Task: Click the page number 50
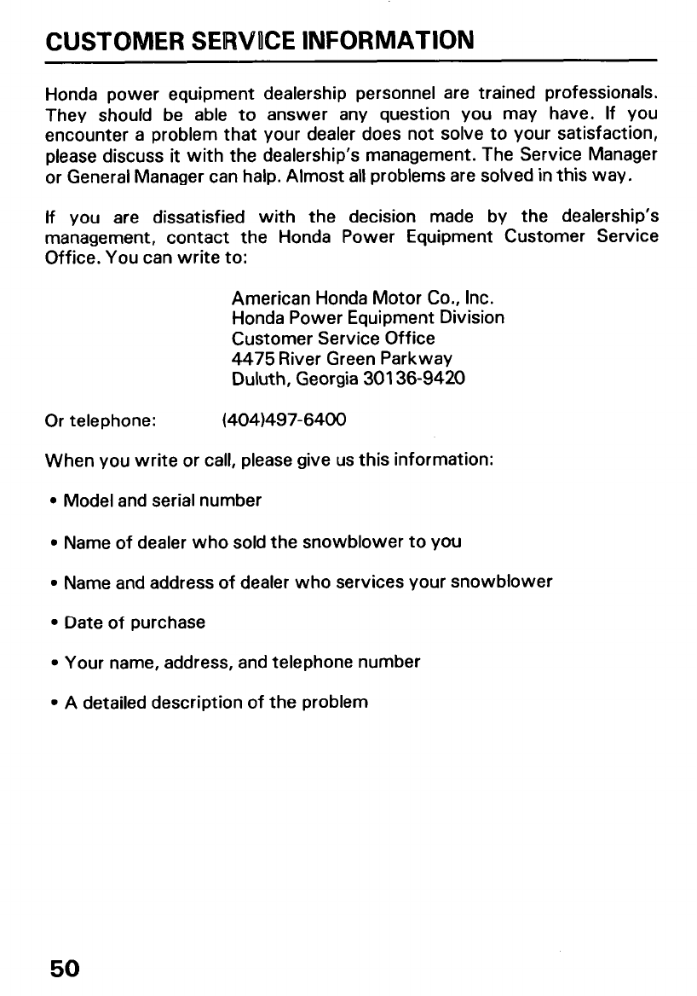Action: pyautogui.click(x=64, y=969)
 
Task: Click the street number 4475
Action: pyautogui.click(x=252, y=357)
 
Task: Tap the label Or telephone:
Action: pyautogui.click(x=99, y=420)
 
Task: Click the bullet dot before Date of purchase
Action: pyautogui.click(x=52, y=622)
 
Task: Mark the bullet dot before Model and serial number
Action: pyautogui.click(x=52, y=501)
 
